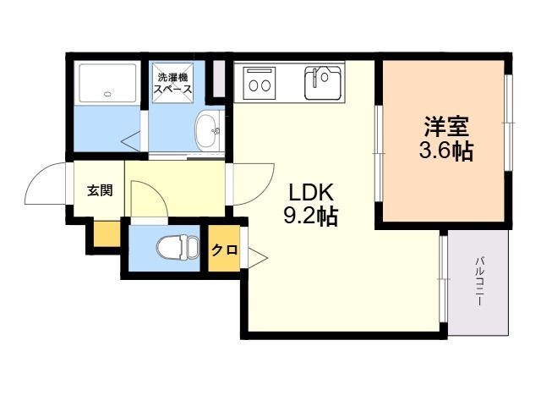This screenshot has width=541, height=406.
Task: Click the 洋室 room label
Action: coord(446,127)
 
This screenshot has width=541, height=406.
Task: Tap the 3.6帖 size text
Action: coord(445,151)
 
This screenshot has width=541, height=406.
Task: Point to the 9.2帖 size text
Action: coord(310,217)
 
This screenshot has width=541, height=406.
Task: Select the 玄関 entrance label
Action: coord(100,190)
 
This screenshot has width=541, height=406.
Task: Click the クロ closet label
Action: coord(224,250)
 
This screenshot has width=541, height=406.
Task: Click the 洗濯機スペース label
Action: coord(172,83)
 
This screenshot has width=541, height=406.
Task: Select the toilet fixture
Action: coord(178,248)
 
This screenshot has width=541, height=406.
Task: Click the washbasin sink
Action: coord(208,131)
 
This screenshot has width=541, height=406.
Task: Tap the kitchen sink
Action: coord(323,83)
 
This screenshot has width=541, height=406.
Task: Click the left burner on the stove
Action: coord(254,85)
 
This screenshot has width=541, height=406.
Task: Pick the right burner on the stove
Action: coord(265,85)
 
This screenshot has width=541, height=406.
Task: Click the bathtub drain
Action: coord(107,93)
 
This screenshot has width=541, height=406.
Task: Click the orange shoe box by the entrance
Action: coord(107,234)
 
